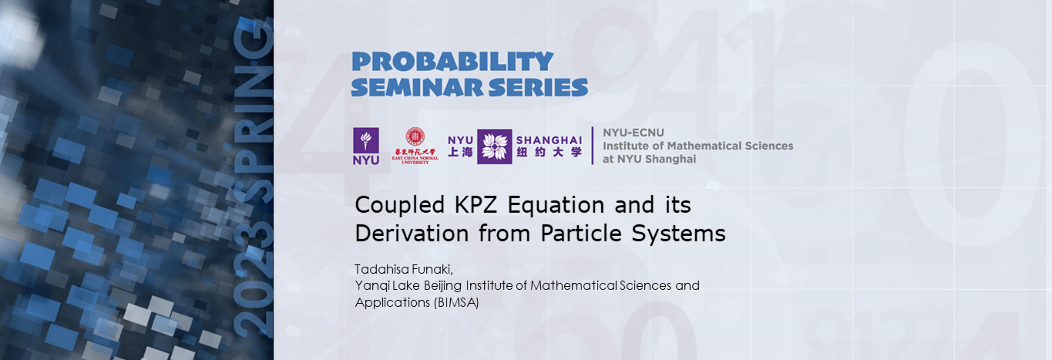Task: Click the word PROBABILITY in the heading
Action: [x=452, y=62]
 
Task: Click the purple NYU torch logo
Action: [x=366, y=146]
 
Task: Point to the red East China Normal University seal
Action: [x=415, y=137]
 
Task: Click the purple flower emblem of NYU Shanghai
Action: [x=494, y=146]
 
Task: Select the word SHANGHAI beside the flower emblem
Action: [x=549, y=140]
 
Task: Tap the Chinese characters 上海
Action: [x=460, y=153]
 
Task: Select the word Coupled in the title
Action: [x=392, y=206]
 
